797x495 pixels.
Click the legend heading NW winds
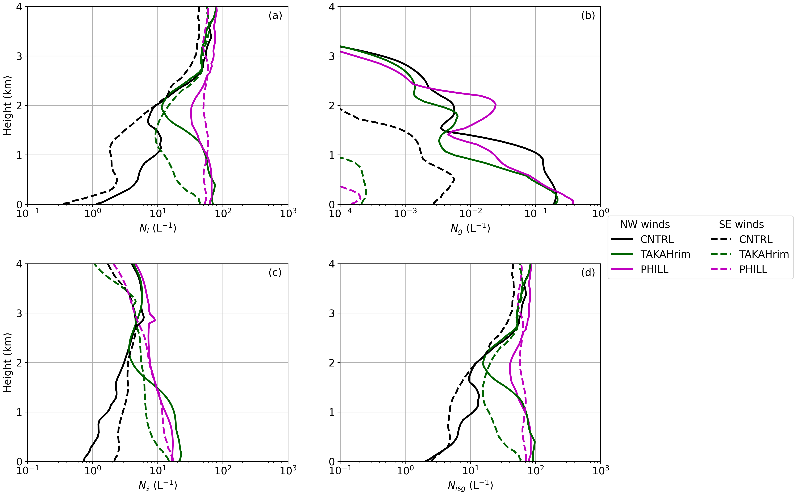pos(645,225)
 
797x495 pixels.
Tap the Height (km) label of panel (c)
pos(7,362)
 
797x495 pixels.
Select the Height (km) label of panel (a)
pos(7,105)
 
